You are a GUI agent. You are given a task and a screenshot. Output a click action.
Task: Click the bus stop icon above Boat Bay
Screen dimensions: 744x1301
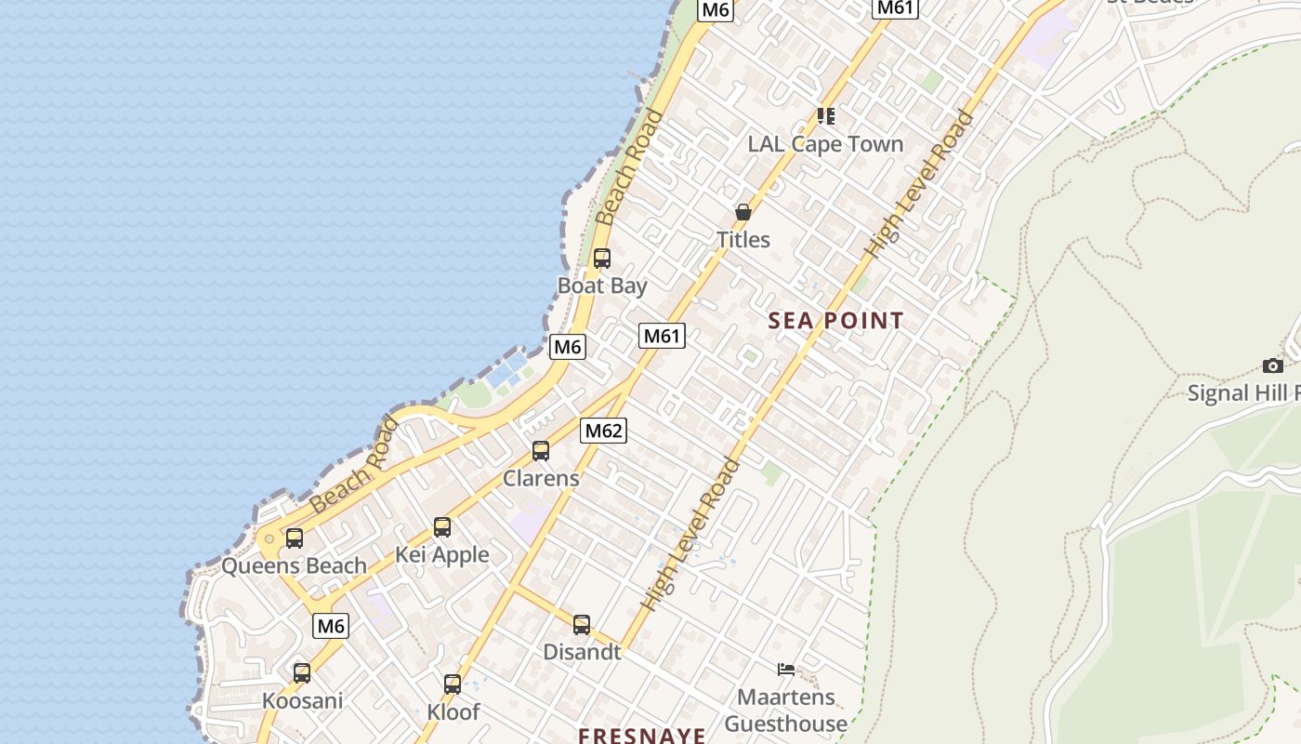pos(602,259)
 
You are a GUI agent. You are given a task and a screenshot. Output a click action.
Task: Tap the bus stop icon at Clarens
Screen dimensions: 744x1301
pos(541,452)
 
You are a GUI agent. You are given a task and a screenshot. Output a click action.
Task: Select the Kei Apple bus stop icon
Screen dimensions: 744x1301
pos(442,528)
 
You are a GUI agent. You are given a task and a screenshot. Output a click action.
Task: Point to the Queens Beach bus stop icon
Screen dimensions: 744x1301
pos(295,538)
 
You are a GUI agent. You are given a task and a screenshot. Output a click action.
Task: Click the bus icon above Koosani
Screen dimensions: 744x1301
pos(302,673)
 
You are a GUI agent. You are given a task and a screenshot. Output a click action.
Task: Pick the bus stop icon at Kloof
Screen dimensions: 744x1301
pos(453,684)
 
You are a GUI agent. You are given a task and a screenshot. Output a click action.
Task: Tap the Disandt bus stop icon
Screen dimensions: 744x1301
pos(582,625)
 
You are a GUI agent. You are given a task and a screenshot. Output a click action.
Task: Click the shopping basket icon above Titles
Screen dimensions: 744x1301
pos(743,212)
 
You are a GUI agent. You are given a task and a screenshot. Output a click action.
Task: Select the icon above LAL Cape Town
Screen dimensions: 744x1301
pos(826,116)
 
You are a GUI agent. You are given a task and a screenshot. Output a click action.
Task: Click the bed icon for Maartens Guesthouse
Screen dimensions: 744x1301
pos(786,669)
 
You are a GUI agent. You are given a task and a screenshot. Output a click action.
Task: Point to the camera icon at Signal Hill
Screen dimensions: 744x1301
pos(1273,366)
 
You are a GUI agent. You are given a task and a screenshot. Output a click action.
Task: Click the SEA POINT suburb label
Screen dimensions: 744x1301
pos(836,321)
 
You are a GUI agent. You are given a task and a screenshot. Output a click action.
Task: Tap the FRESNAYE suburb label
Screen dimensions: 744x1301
pos(641,736)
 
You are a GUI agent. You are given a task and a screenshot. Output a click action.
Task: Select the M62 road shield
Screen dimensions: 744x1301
pos(603,431)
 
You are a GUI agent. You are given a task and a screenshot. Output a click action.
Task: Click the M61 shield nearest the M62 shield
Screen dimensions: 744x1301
pos(662,336)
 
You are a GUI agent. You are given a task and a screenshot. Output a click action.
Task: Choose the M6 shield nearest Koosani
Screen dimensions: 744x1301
pos(331,626)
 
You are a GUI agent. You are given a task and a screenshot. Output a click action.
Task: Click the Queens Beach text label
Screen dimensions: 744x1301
pos(294,565)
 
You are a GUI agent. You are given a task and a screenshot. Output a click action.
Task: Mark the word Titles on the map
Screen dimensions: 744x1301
pos(743,240)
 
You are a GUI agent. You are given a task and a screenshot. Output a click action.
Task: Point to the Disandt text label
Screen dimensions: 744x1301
pos(582,652)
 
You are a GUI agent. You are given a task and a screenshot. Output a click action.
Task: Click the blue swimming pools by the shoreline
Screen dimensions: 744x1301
pos(506,373)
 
